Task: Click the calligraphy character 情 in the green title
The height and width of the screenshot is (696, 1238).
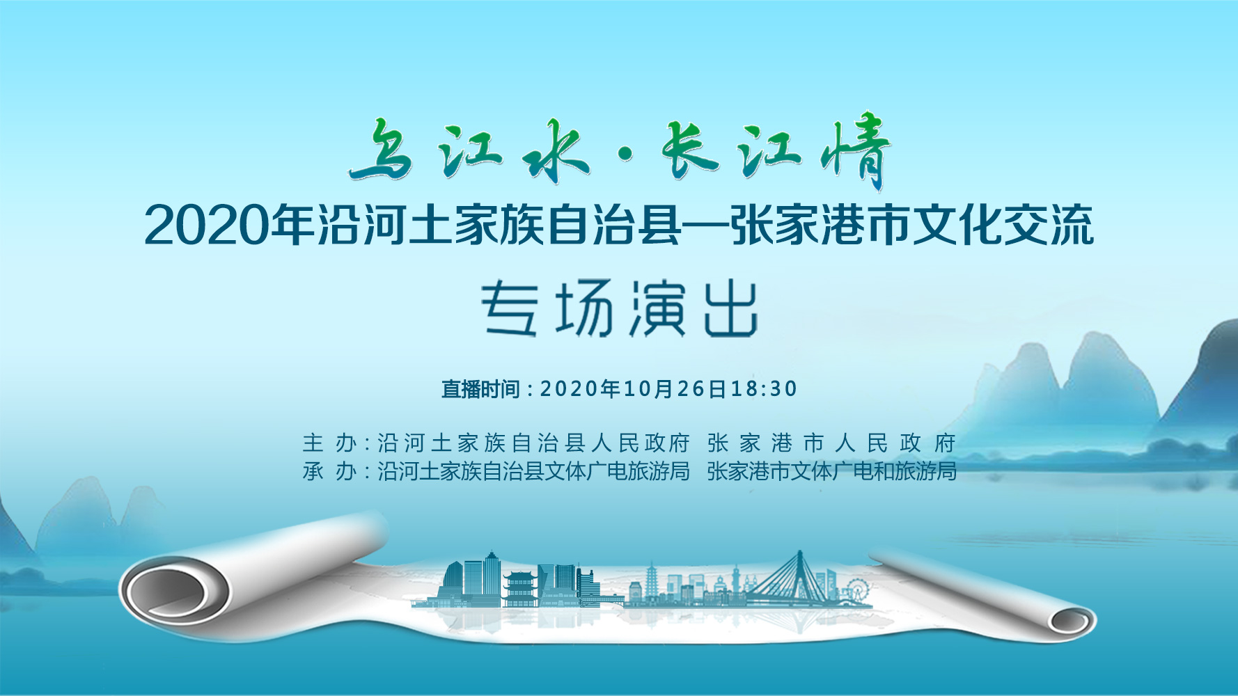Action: [x=855, y=151]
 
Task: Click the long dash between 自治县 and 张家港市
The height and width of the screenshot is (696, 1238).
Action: [x=705, y=225]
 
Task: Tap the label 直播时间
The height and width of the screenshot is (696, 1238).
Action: [x=480, y=388]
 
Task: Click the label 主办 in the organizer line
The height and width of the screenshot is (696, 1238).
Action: [x=329, y=443]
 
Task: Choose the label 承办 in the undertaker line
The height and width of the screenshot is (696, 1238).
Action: [x=329, y=471]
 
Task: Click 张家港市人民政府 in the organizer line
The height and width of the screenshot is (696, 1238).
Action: [x=831, y=443]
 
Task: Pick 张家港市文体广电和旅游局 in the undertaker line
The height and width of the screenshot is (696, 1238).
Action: [x=831, y=471]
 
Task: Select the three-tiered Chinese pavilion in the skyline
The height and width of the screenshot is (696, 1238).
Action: [x=522, y=589]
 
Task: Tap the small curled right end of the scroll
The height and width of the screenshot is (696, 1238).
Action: [x=1072, y=619]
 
